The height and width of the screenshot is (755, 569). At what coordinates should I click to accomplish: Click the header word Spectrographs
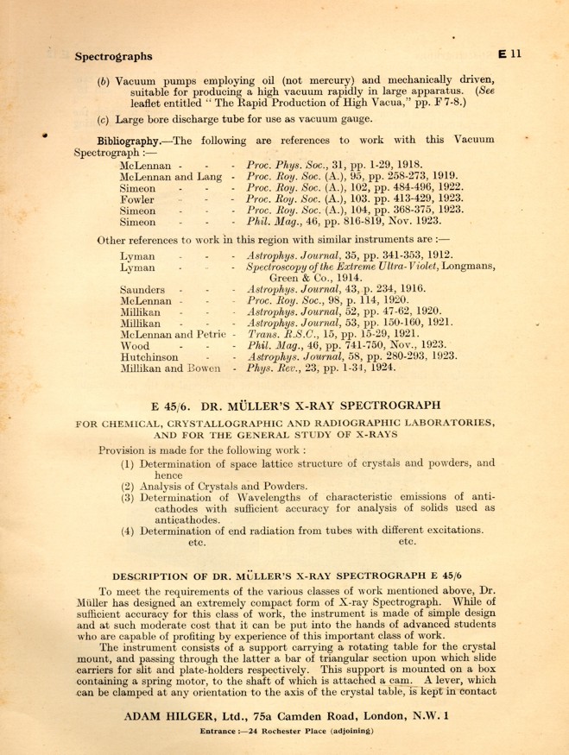point(113,57)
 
